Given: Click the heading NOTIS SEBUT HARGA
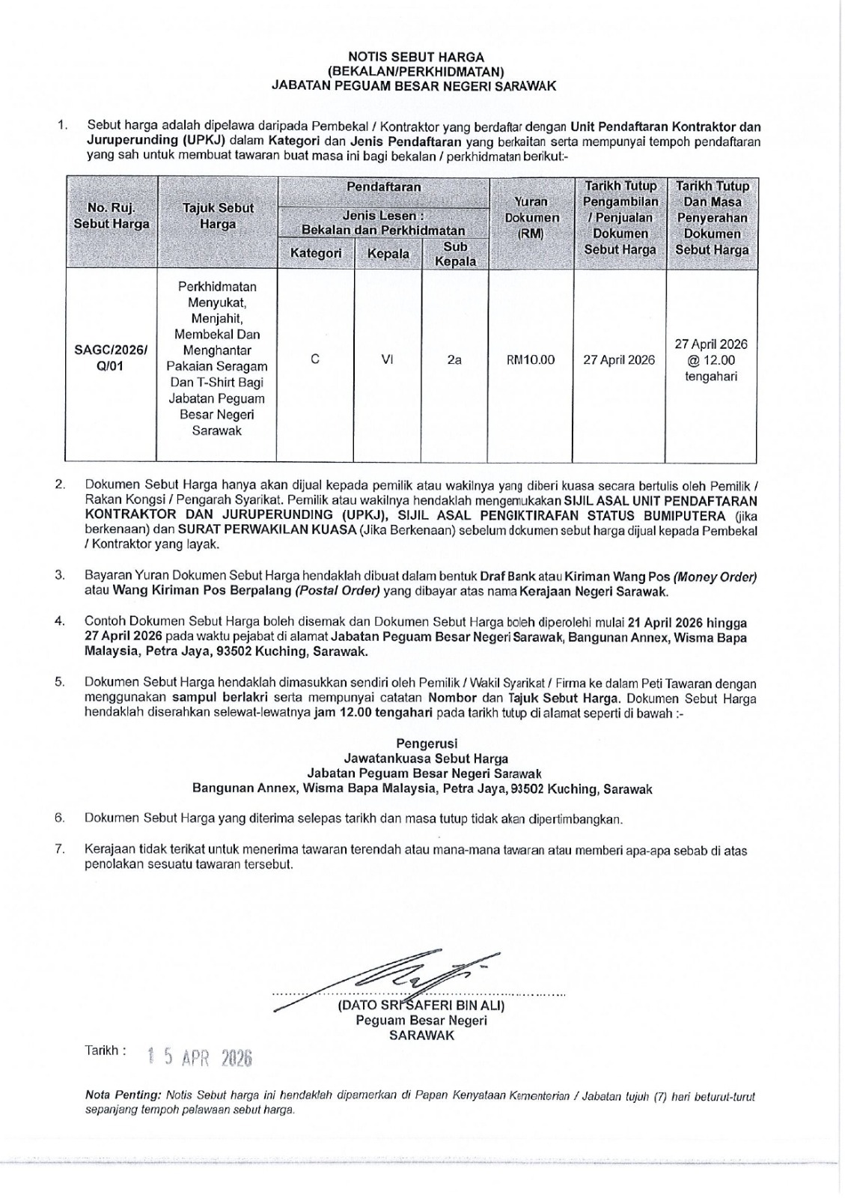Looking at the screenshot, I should pyautogui.click(x=416, y=57).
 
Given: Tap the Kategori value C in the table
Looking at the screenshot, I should pyautogui.click(x=315, y=359).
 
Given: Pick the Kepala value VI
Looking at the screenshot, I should pyautogui.click(x=388, y=359).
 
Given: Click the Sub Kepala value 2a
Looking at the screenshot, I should pyautogui.click(x=454, y=359).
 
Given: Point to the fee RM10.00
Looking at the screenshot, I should pyautogui.click(x=531, y=359).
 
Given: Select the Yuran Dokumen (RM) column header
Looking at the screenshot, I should pyautogui.click(x=531, y=217).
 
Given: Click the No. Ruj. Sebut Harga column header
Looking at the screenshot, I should pyautogui.click(x=112, y=216).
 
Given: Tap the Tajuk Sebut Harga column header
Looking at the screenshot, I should pyautogui.click(x=218, y=216).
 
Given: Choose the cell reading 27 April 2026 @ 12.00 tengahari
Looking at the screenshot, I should pyautogui.click(x=710, y=360).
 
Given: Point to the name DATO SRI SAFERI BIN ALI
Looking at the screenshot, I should pyautogui.click(x=421, y=1004).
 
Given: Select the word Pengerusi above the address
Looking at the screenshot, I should pyautogui.click(x=422, y=744).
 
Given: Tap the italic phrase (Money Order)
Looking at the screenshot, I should pyautogui.click(x=715, y=577).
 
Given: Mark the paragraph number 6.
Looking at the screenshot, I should pyautogui.click(x=59, y=818).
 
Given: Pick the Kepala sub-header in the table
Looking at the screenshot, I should pyautogui.click(x=388, y=254).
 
